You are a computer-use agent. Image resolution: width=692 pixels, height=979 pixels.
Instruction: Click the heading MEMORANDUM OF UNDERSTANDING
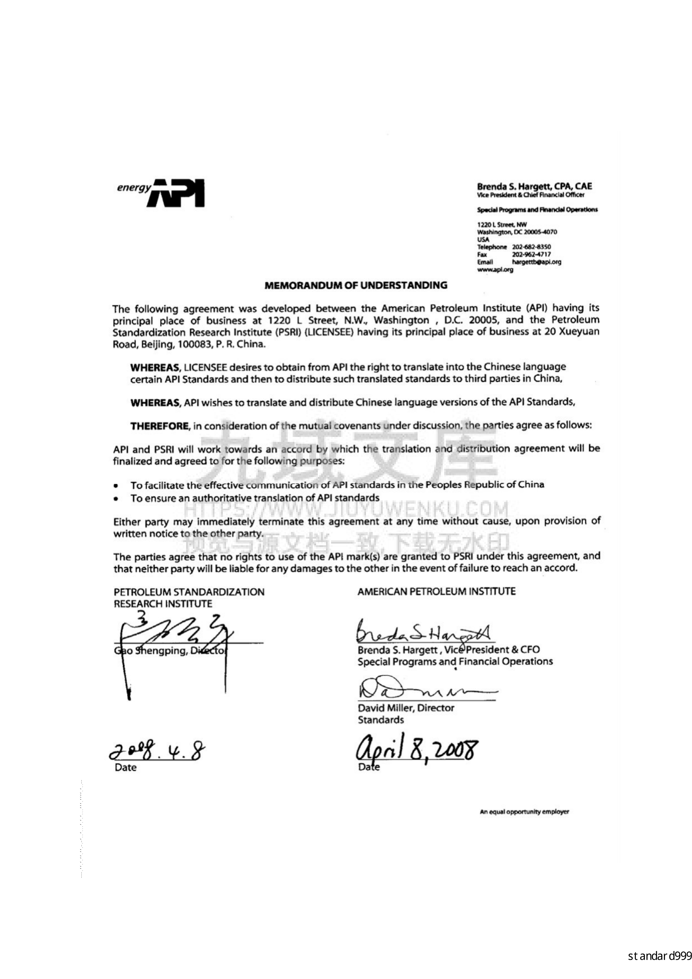coord(356,286)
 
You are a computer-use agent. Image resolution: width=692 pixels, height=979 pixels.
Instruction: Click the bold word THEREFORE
coord(159,426)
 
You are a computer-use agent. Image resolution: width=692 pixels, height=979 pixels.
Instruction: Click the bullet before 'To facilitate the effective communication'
coord(116,486)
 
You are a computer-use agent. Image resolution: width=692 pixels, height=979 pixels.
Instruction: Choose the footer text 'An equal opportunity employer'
coord(524,812)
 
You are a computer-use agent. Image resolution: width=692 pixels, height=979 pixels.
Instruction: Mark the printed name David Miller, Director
coord(406,708)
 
